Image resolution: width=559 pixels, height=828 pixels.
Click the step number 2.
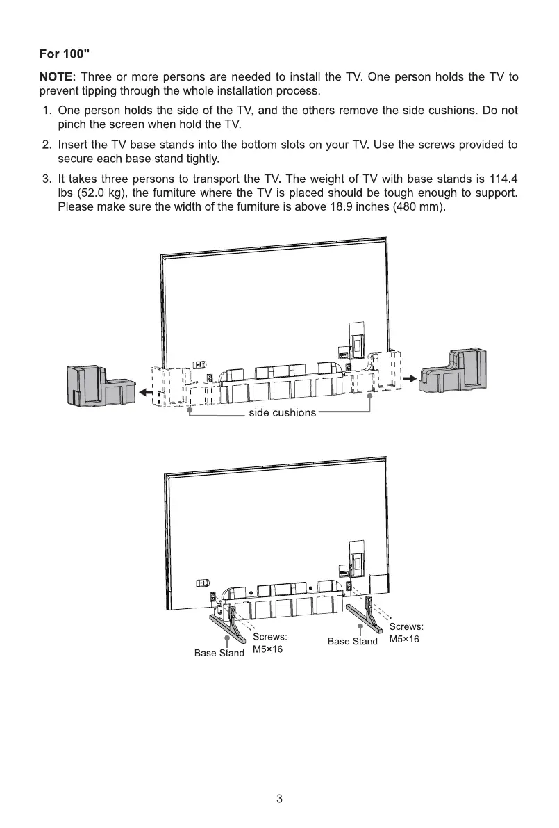(x=46, y=145)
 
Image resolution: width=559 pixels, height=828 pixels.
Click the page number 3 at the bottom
(x=279, y=799)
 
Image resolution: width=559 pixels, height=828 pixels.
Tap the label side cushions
(x=282, y=413)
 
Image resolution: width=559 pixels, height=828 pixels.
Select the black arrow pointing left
(x=146, y=393)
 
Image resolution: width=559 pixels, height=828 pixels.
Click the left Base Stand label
(x=219, y=653)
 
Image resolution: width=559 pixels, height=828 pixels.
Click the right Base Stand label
(x=353, y=641)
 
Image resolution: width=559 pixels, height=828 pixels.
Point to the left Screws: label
(x=270, y=636)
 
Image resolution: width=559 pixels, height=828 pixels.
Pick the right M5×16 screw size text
(x=405, y=639)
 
